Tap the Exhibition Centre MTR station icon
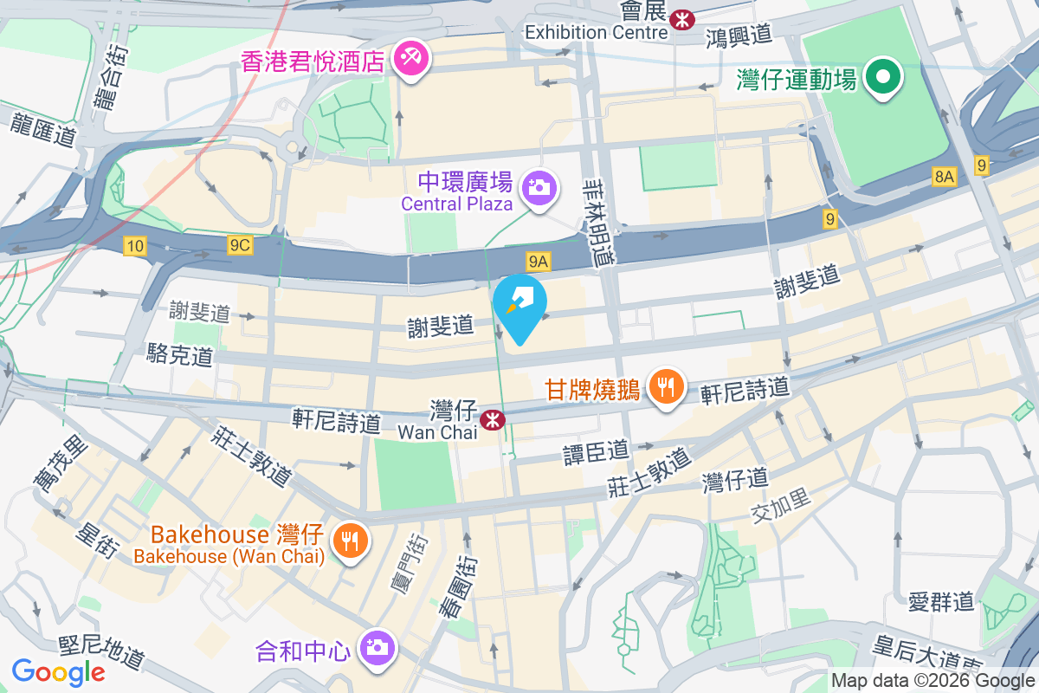[x=684, y=17]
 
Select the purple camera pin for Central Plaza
[x=539, y=187]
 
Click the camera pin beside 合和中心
[x=376, y=647]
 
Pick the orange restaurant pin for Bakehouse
[x=350, y=542]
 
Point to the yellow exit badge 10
[x=134, y=246]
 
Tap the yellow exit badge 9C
[x=240, y=246]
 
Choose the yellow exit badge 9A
[x=538, y=260]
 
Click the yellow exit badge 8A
[x=944, y=177]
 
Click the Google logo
[x=58, y=672]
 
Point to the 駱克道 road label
[x=180, y=354]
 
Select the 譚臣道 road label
[x=597, y=451]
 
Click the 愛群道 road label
[x=942, y=600]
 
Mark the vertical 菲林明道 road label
[x=597, y=221]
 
